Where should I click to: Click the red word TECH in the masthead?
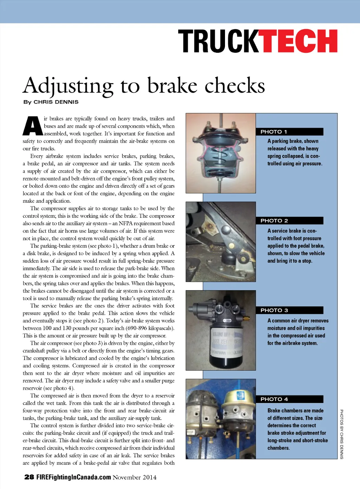coord(298,41)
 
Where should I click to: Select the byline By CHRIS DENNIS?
coord(51,102)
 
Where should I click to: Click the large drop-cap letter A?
coord(33,126)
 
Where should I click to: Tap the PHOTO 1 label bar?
coord(289,132)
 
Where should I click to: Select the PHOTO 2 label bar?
coord(289,221)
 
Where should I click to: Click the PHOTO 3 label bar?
coord(289,310)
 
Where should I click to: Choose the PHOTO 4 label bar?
coord(289,399)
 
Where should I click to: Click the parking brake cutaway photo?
coord(220,153)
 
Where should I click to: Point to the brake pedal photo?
coord(220,242)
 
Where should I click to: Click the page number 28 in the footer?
coord(29,477)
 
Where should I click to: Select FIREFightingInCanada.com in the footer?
coord(74,477)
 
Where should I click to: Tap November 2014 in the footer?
coord(135,477)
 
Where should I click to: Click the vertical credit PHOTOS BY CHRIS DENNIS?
coord(341,434)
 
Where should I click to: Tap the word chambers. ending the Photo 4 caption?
coord(278,448)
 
